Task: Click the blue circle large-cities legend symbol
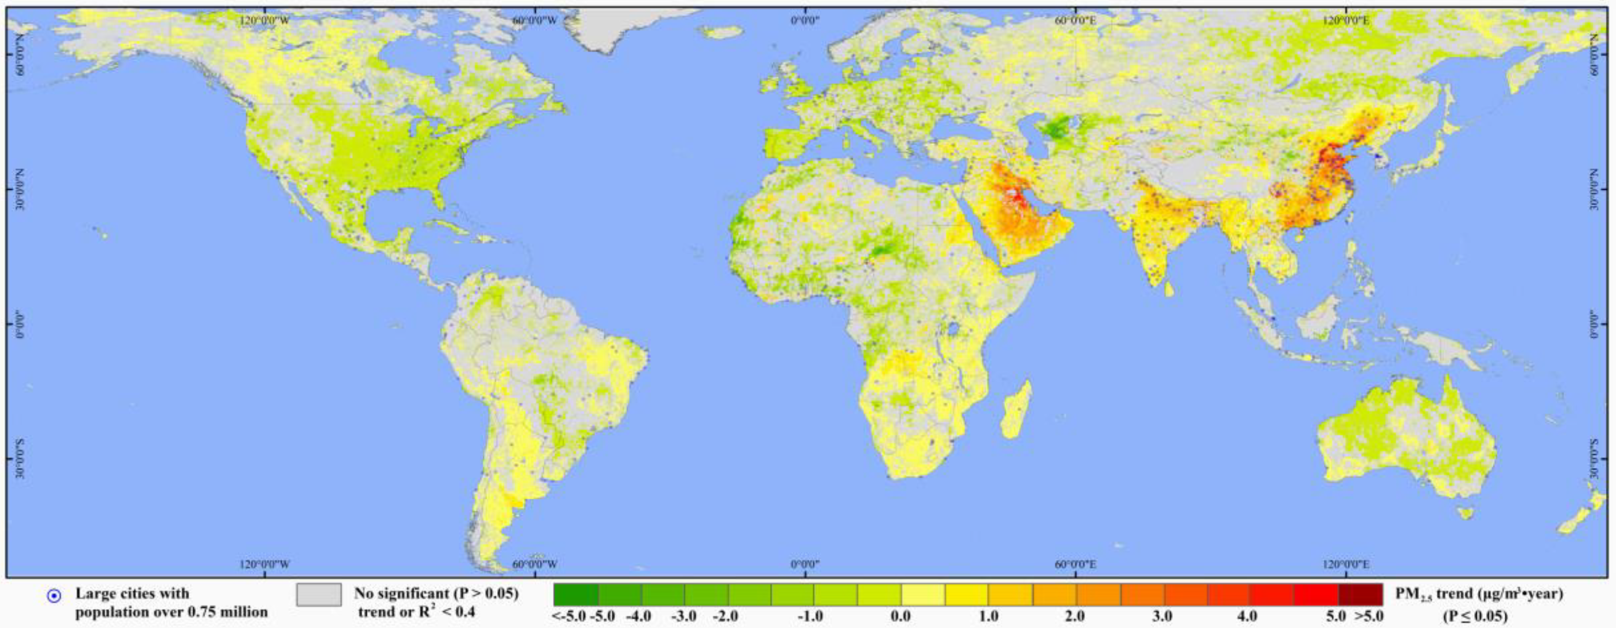[x=55, y=596]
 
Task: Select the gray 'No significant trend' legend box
[x=319, y=595]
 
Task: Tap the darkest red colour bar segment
[x=1360, y=593]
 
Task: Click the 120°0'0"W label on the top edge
[x=265, y=20]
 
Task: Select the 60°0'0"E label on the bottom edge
[x=1075, y=563]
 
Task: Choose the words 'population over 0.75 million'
[x=172, y=612]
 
